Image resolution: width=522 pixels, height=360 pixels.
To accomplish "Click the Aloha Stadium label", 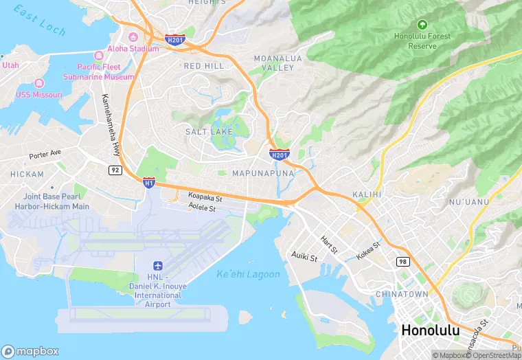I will click(x=133, y=49).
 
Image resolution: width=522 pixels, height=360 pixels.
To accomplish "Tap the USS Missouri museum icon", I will click(x=10, y=94).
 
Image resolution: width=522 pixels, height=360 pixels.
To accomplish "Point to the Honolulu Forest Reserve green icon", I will click(x=422, y=24).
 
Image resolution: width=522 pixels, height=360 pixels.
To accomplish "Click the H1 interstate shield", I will click(x=149, y=182).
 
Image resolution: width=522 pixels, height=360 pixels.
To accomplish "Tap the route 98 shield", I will click(x=402, y=262).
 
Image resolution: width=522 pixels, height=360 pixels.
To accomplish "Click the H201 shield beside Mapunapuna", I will click(x=279, y=155).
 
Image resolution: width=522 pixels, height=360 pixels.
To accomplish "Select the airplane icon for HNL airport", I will click(x=157, y=265).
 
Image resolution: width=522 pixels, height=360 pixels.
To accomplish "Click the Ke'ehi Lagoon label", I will click(x=248, y=275).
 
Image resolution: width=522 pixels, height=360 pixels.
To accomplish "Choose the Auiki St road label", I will click(x=304, y=258).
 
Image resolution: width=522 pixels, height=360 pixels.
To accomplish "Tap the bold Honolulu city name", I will click(x=430, y=330).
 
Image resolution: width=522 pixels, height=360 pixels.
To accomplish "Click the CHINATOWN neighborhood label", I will click(x=402, y=294).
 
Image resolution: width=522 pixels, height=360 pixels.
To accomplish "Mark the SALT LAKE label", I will click(x=208, y=131).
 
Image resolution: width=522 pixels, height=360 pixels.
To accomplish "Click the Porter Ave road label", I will click(x=45, y=154).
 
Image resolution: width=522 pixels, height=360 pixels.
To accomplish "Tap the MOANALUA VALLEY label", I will click(x=277, y=63).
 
